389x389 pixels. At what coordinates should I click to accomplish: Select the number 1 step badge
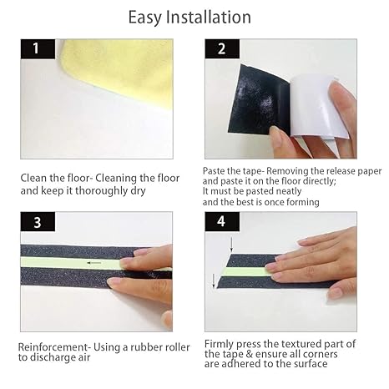(36, 48)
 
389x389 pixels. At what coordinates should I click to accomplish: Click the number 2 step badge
(220, 48)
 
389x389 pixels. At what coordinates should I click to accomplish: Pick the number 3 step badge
(36, 222)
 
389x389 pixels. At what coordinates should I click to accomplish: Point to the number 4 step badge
(220, 223)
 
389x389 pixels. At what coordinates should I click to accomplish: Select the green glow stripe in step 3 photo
(67, 266)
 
